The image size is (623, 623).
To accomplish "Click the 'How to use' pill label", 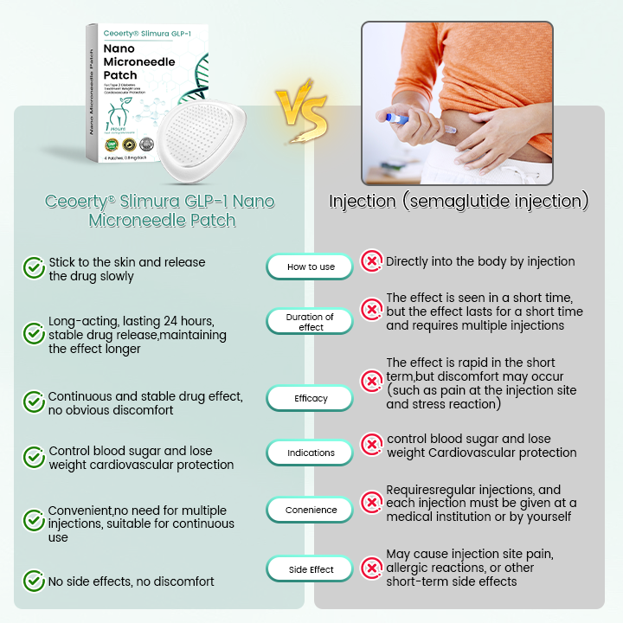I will pyautogui.click(x=311, y=267).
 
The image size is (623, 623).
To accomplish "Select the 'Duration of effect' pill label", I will pyautogui.click(x=311, y=322).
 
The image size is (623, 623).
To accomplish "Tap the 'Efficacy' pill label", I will pyautogui.click(x=311, y=398).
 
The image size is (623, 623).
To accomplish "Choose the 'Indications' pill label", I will pyautogui.click(x=311, y=453).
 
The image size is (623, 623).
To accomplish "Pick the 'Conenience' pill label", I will pyautogui.click(x=311, y=510).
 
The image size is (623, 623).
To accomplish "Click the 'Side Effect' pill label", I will pyautogui.click(x=311, y=569).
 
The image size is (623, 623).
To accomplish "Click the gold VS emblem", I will pyautogui.click(x=302, y=113).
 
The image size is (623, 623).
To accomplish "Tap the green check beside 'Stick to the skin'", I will pyautogui.click(x=34, y=268).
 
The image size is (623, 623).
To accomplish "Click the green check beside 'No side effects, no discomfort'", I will pyautogui.click(x=34, y=581).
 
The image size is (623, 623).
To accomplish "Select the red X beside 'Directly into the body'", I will pyautogui.click(x=371, y=260).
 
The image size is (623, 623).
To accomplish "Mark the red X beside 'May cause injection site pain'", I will pyautogui.click(x=371, y=568).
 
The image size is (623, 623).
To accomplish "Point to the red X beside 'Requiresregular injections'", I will pyautogui.click(x=371, y=503).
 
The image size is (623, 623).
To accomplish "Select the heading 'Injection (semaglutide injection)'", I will pyautogui.click(x=459, y=202).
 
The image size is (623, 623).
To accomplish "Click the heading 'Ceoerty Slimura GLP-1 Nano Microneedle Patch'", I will pyautogui.click(x=159, y=210).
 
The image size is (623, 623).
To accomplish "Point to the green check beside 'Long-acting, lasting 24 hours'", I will pyautogui.click(x=34, y=334).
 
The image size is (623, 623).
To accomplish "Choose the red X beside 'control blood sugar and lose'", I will pyautogui.click(x=371, y=445).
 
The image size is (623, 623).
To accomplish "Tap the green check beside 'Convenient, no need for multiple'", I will pyautogui.click(x=34, y=520).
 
